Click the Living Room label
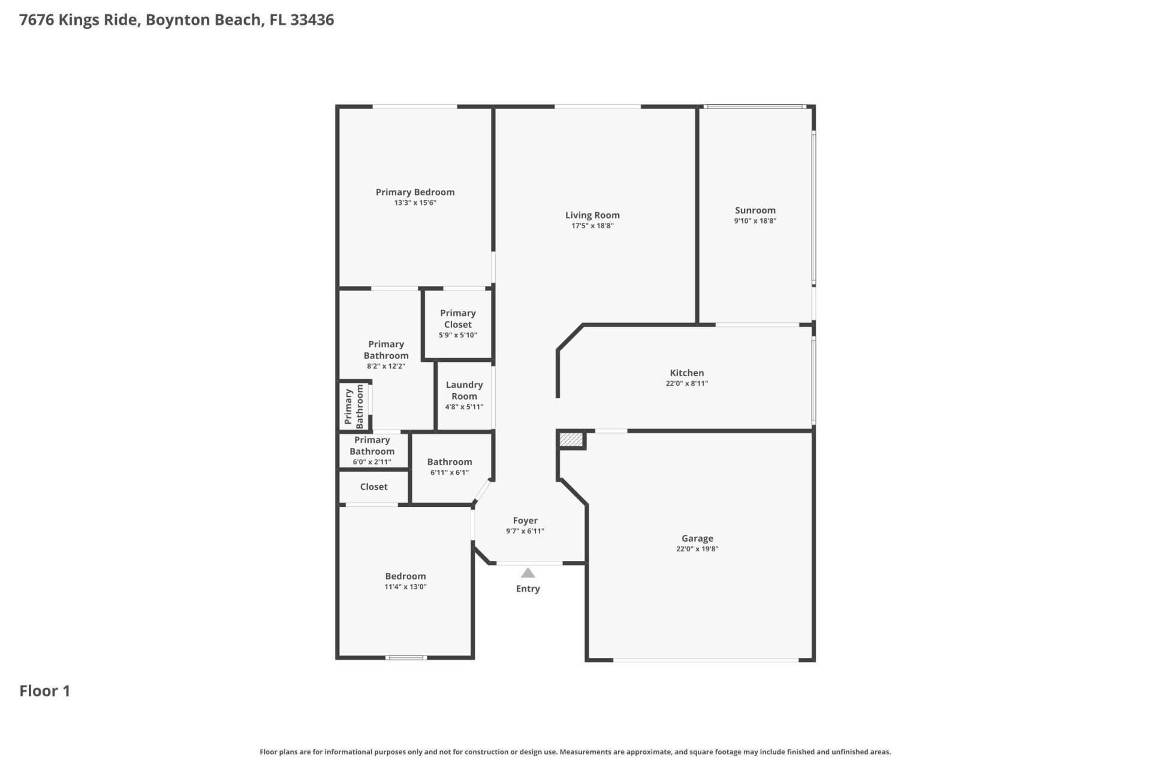point(592,215)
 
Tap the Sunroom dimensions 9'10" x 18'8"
point(755,221)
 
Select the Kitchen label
point(686,373)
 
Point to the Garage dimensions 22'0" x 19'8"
point(697,549)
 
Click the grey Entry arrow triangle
point(528,573)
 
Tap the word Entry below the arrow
point(528,589)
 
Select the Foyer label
point(525,521)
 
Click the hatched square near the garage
point(571,440)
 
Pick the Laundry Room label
point(464,391)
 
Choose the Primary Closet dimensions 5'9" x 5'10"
point(458,336)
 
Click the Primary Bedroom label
point(415,192)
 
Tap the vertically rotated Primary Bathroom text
point(354,407)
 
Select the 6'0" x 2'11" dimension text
point(372,462)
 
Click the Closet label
point(373,487)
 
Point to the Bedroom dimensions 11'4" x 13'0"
point(405,587)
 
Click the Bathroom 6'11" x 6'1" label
point(450,462)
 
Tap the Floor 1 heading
point(45,691)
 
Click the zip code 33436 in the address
point(312,20)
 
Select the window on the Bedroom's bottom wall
point(406,658)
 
